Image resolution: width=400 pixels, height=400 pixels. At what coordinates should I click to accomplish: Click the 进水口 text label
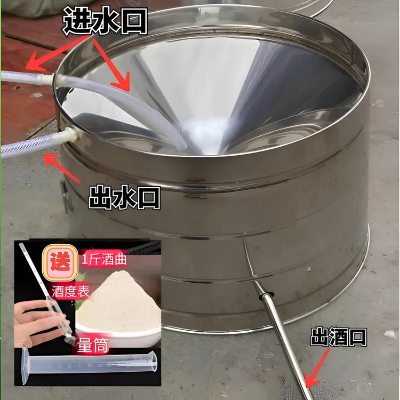105,21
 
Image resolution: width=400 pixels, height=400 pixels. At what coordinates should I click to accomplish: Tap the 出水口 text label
125,198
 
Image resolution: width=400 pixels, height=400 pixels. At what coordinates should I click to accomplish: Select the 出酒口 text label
339,337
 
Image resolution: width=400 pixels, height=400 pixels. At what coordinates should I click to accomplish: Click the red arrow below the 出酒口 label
317,368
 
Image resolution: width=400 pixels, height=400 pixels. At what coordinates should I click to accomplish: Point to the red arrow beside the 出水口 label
61,167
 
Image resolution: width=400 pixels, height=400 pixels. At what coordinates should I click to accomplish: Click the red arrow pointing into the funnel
111,65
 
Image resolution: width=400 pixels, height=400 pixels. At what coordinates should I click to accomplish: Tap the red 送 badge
60,262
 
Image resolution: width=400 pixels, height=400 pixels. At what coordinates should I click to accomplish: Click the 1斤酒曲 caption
104,260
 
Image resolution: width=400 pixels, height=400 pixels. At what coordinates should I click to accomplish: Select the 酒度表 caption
70,291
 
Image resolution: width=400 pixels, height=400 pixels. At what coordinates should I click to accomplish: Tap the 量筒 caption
93,345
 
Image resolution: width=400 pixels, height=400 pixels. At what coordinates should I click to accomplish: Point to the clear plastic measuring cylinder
89,365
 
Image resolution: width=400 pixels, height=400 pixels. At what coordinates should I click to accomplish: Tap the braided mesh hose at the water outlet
30,146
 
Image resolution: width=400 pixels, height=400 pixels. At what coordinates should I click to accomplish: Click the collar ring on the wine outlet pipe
265,296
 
